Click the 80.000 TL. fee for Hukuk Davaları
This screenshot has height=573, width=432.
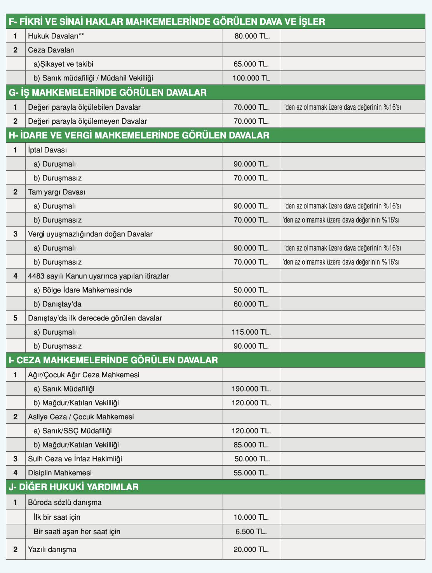(252, 36)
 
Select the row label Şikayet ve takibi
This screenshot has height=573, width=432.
(63, 64)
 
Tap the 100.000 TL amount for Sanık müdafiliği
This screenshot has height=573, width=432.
(251, 78)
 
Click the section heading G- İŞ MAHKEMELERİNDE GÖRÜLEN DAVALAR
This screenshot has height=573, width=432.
(107, 93)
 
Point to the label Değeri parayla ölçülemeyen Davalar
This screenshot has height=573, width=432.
(87, 121)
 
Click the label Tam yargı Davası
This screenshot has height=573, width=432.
(57, 192)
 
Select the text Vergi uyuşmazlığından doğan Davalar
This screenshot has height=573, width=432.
(90, 234)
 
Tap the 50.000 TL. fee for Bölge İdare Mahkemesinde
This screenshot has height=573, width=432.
(251, 290)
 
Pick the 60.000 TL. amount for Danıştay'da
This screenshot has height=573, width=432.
(251, 304)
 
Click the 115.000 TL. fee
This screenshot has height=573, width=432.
(251, 332)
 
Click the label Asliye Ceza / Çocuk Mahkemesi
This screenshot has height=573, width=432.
(81, 417)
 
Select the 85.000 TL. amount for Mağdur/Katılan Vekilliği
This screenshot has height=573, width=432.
(251, 445)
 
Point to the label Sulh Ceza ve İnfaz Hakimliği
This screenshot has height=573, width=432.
(75, 459)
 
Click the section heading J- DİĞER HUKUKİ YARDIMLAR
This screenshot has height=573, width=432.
(73, 487)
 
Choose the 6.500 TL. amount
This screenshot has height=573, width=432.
(251, 531)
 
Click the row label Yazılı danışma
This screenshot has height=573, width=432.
(52, 550)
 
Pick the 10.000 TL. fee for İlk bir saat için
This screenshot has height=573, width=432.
(251, 517)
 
